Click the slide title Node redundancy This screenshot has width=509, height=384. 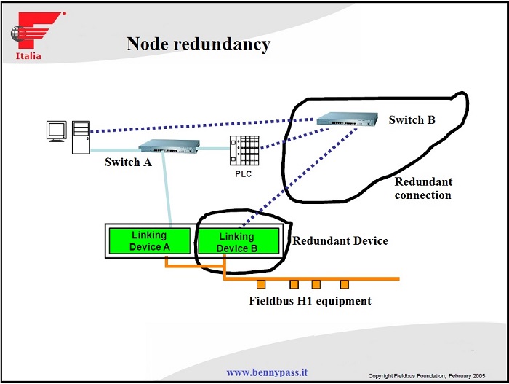click(198, 44)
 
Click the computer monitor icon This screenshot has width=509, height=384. click(56, 132)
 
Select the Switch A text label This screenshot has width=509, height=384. click(128, 162)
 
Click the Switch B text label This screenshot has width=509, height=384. click(412, 119)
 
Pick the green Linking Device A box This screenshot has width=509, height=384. click(149, 241)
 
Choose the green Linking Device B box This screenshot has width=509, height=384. click(237, 242)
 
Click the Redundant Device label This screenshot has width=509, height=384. click(340, 241)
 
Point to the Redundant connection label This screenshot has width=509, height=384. click(423, 189)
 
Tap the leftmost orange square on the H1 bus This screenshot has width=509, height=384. click(260, 283)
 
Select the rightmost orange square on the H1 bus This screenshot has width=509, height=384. click(345, 283)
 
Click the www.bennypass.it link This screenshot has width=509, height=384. click(267, 372)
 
